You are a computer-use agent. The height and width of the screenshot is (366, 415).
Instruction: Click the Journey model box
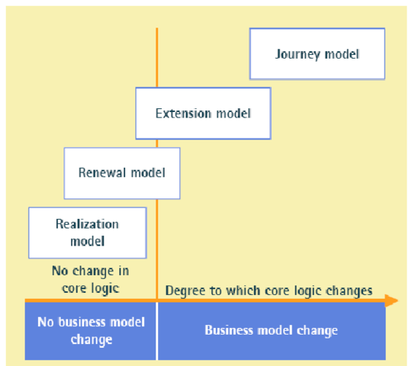tap(317, 54)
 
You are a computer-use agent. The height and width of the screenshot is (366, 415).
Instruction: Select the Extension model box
tap(203, 114)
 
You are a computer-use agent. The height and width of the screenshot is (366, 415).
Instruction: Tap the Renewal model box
tap(122, 173)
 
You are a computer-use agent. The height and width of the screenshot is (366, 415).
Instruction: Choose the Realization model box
tap(87, 233)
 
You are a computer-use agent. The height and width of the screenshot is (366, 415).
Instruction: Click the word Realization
tap(87, 224)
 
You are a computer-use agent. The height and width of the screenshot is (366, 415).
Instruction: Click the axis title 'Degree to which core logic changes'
tap(269, 291)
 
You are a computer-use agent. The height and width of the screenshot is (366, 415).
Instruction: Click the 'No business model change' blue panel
tap(90, 331)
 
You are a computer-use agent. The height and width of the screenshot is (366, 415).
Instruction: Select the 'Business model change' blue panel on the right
tap(271, 331)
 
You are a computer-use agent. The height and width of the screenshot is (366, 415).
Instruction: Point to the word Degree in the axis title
tap(182, 291)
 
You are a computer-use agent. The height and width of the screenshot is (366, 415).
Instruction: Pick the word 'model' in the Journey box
tap(341, 54)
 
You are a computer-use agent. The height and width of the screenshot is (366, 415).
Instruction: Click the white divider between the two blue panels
tap(157, 331)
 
